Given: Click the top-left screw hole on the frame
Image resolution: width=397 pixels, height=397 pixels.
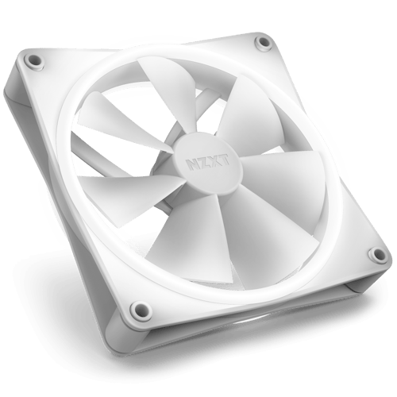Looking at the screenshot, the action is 34,60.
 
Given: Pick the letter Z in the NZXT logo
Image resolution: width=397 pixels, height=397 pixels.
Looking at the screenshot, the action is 204,163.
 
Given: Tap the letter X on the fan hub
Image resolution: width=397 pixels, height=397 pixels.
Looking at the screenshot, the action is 214,161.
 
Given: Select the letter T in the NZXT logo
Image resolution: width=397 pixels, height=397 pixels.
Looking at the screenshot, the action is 224,160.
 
